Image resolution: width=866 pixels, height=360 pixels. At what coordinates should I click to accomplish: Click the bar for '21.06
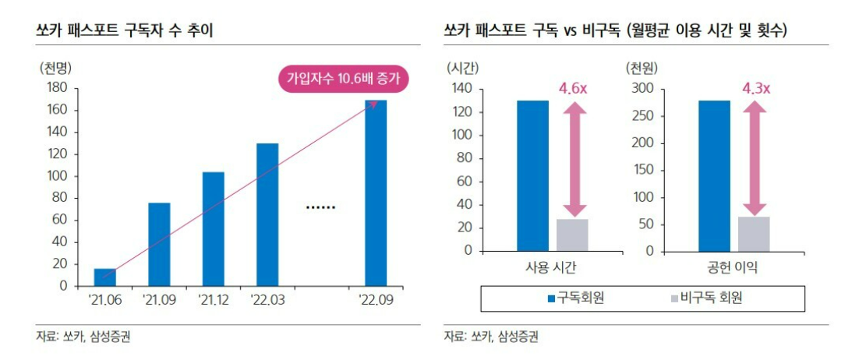[105, 277]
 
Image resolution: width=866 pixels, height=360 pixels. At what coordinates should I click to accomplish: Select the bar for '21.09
[159, 244]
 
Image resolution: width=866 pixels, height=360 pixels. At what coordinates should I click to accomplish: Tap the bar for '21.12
[213, 228]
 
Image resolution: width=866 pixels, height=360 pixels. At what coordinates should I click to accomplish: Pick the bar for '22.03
[267, 214]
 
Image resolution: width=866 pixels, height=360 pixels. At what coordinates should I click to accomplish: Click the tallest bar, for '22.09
[376, 193]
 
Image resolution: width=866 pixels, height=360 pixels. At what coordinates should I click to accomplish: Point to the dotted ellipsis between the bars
[320, 207]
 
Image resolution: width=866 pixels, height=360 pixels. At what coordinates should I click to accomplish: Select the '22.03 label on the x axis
[267, 299]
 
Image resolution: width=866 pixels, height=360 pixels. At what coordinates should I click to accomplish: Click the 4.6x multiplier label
[573, 89]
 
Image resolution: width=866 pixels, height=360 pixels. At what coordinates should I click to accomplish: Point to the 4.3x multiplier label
[755, 89]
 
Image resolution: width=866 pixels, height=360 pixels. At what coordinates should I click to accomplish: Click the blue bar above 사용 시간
[533, 175]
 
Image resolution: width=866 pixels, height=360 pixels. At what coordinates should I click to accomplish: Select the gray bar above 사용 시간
[573, 235]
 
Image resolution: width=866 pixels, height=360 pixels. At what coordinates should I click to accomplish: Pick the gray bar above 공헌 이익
[754, 233]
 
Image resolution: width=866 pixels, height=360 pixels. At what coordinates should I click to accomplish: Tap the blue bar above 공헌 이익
[715, 175]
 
